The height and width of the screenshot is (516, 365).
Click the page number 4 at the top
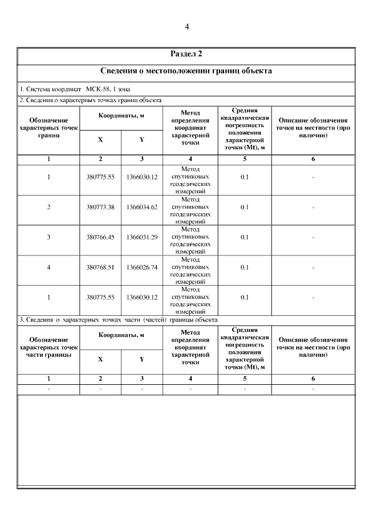(x=186, y=27)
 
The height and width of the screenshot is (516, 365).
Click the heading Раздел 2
(x=186, y=54)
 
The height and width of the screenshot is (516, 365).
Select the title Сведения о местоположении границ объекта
(x=186, y=71)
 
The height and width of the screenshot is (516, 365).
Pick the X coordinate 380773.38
(x=100, y=207)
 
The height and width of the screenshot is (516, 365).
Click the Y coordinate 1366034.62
(x=142, y=207)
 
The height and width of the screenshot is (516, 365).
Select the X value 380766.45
(x=100, y=237)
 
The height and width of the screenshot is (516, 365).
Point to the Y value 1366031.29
(x=142, y=237)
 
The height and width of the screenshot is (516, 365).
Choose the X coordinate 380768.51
(x=100, y=267)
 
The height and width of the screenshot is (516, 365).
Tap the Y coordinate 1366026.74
(x=142, y=267)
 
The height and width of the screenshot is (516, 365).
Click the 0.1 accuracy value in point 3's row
(x=245, y=237)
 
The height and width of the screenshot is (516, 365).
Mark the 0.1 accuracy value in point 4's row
(x=245, y=267)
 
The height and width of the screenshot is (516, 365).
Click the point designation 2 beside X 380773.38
(x=48, y=207)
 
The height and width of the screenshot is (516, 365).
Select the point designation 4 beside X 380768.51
(x=48, y=267)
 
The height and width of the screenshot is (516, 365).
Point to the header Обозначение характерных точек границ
(x=48, y=128)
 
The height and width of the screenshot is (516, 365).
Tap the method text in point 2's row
(x=190, y=210)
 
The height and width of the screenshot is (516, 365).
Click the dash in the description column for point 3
(x=313, y=237)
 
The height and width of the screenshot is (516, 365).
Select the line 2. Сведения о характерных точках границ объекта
(x=91, y=100)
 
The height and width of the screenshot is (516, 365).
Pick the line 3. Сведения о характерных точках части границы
(x=119, y=319)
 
